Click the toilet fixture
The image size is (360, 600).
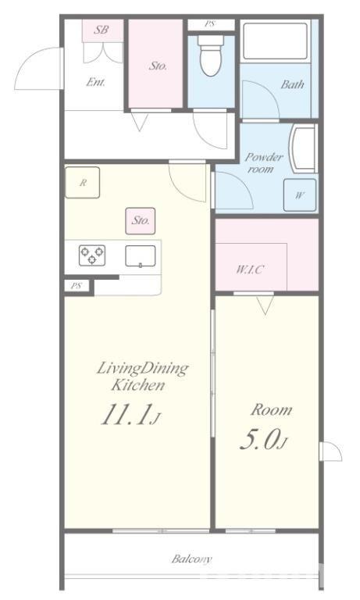(211, 56)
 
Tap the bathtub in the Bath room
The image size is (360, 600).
(275, 41)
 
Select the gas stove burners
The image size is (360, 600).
(92, 255)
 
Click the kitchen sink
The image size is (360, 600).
(141, 256)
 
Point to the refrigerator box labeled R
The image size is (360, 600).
(82, 183)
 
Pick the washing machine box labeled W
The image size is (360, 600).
(300, 195)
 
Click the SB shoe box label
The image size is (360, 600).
(102, 30)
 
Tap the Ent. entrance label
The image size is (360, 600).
(95, 82)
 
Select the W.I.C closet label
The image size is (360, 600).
(250, 270)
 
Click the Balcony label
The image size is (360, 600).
(191, 559)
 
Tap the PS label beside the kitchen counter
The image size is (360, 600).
(77, 285)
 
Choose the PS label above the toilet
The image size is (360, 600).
(209, 24)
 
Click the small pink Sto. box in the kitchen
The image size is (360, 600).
(141, 221)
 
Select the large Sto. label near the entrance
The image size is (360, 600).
(158, 66)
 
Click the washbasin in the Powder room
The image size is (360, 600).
(303, 148)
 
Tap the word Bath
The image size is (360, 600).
(292, 84)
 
